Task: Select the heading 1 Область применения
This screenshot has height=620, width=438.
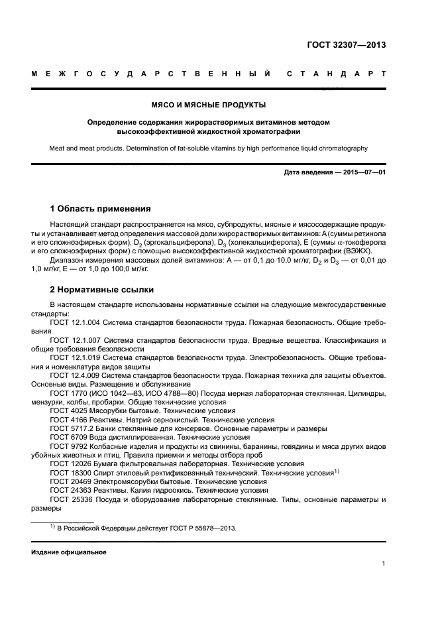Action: pyautogui.click(x=101, y=208)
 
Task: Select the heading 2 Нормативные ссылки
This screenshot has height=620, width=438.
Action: pyautogui.click(x=101, y=289)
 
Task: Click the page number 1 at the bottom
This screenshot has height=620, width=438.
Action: pyautogui.click(x=384, y=564)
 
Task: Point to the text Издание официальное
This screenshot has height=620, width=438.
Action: pyautogui.click(x=68, y=552)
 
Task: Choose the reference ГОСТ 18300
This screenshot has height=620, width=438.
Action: pyautogui.click(x=69, y=473)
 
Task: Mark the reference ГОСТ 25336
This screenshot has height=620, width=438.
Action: pyautogui.click(x=69, y=500)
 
